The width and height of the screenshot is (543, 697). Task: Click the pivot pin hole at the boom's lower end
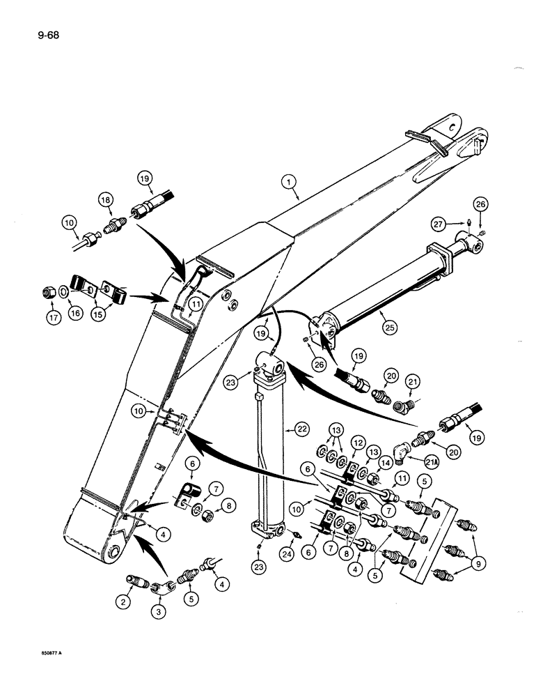(111, 554)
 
